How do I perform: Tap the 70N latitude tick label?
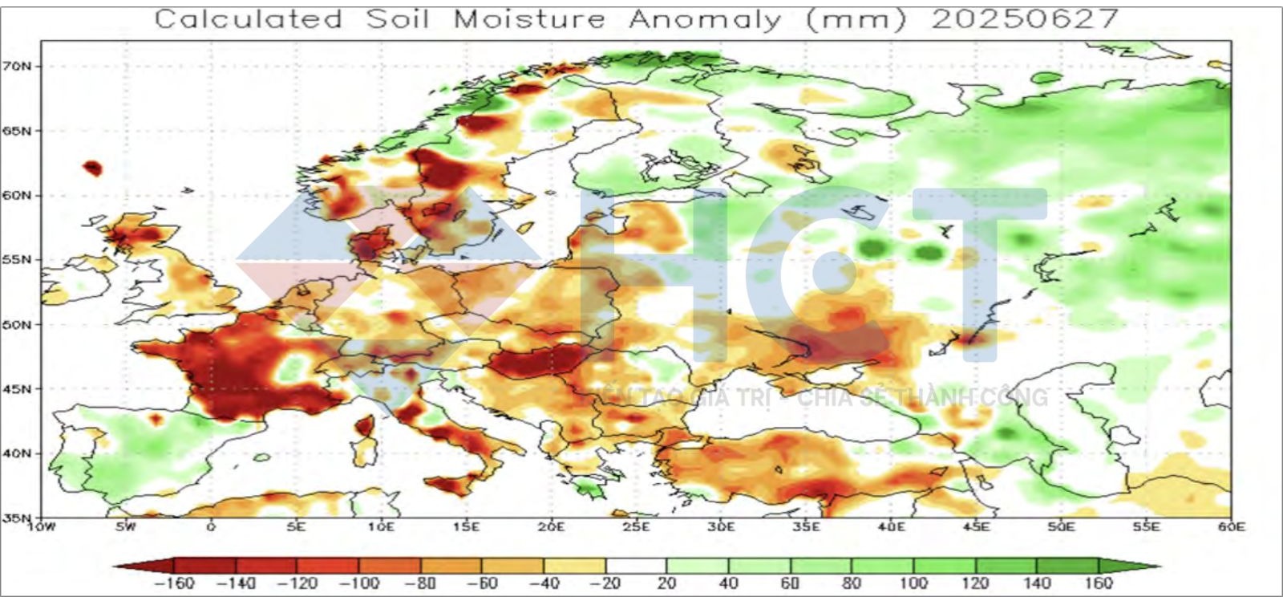[23, 66]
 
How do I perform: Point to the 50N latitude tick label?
[23, 325]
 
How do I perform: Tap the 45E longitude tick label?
[976, 527]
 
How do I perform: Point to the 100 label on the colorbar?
[913, 583]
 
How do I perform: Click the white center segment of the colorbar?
[636, 566]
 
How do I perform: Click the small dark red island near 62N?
[92, 168]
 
